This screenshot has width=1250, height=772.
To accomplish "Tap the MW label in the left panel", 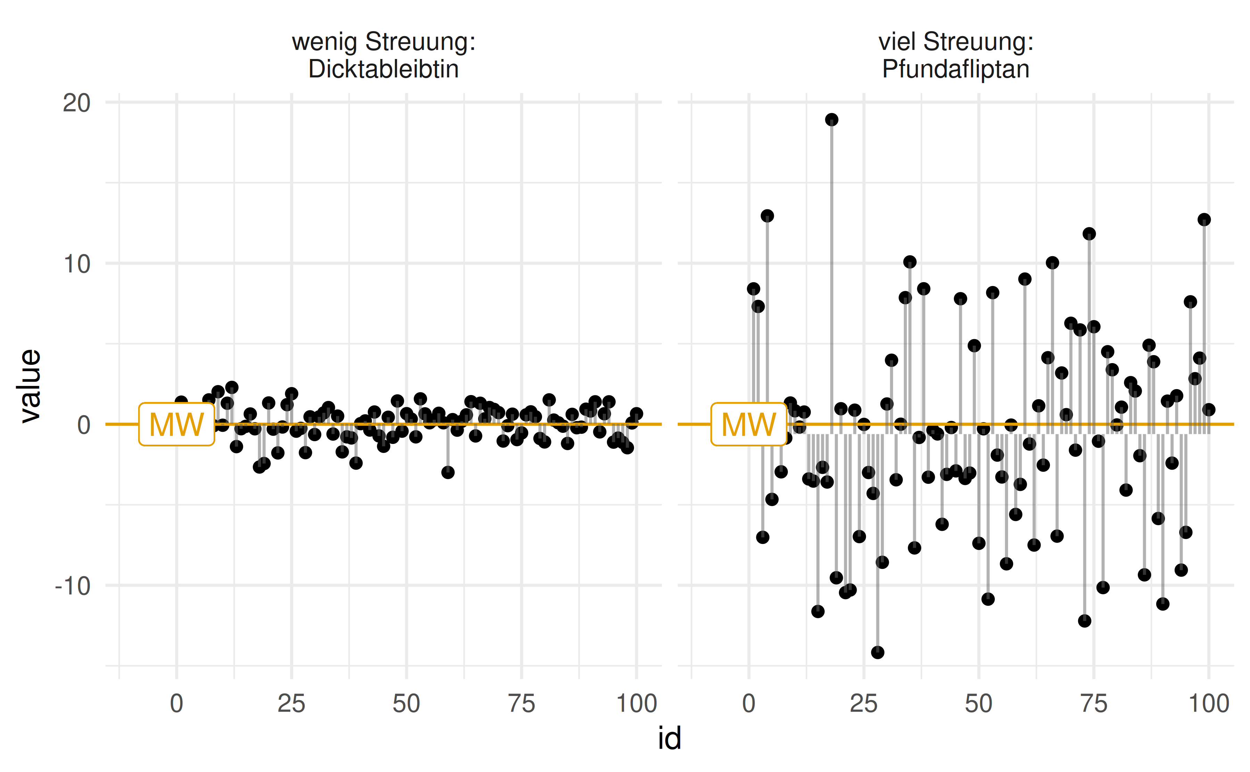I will coord(176,424).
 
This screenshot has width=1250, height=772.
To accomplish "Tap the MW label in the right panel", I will coord(749,424).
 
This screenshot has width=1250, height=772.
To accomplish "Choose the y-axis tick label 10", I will coord(77,265).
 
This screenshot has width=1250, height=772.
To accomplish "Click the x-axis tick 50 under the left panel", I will coord(407,704).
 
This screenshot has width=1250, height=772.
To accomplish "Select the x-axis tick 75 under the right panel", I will coord(1094,704).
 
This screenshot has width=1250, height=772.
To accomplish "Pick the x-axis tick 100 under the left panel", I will coord(636,704).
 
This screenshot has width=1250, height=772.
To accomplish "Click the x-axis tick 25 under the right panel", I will coord(864,704).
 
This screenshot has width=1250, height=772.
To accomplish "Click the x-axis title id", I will coord(669,738).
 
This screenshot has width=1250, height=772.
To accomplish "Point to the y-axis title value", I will coord(31,386).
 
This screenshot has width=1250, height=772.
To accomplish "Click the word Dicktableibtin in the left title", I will coord(383,69).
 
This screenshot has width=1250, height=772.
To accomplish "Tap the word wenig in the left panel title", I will coord(324,42).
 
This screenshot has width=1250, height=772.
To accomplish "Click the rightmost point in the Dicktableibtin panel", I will coord(636,413).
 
